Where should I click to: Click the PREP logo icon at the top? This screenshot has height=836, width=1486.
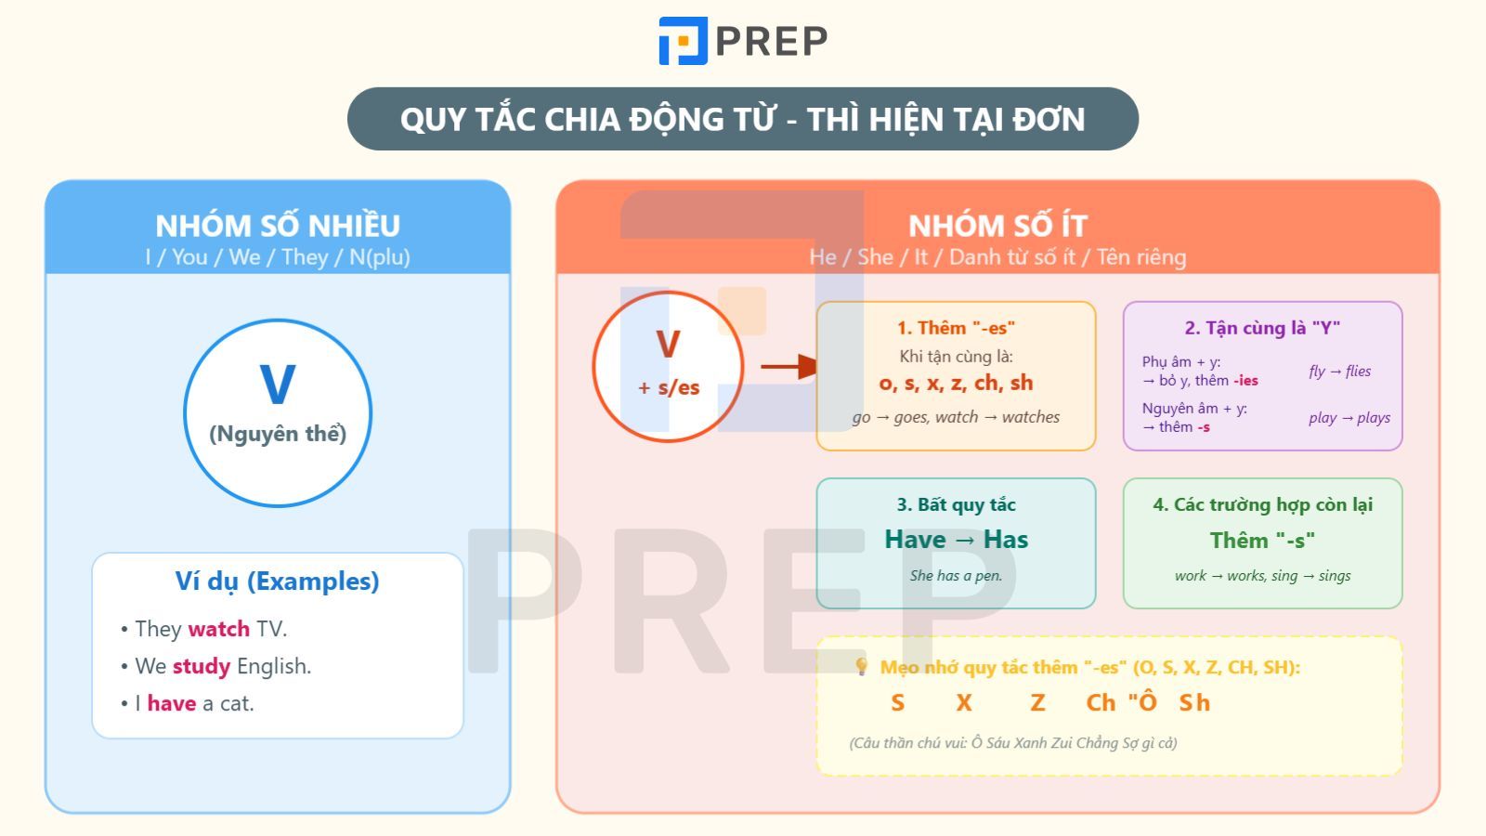click(x=684, y=41)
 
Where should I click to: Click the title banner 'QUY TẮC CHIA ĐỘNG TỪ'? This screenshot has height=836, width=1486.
click(x=742, y=119)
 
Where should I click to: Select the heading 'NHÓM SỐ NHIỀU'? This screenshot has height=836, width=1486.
click(x=278, y=226)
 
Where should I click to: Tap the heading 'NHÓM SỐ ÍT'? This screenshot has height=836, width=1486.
click(x=997, y=226)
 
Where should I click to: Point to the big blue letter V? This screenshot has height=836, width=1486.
click(x=278, y=385)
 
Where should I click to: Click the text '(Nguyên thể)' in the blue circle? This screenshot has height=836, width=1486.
click(x=278, y=434)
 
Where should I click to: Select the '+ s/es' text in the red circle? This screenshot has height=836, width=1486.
click(x=669, y=388)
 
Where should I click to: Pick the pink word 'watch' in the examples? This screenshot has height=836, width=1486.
click(x=218, y=629)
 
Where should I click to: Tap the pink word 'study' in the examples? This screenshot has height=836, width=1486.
click(x=202, y=666)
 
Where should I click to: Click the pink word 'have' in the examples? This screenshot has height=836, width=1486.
click(x=172, y=703)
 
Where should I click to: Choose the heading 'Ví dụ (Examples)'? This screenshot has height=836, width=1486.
click(x=278, y=581)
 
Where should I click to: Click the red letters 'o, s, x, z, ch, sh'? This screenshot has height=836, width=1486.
click(x=956, y=383)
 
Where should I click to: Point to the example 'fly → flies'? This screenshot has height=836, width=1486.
click(x=1339, y=372)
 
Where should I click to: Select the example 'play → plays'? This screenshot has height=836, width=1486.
click(x=1349, y=418)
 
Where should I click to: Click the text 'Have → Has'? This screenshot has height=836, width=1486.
click(x=956, y=540)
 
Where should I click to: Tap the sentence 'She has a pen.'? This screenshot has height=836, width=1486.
click(x=956, y=576)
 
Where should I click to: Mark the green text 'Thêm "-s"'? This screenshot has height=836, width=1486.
click(x=1262, y=541)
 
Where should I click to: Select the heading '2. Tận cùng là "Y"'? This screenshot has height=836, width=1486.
click(x=1262, y=328)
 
